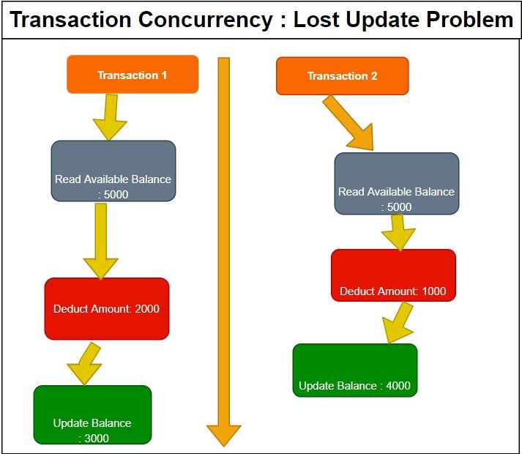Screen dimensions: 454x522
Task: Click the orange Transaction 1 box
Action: coord(133,75)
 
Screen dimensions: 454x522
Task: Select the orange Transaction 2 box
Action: coord(342,76)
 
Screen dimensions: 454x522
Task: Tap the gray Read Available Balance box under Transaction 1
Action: coord(113,171)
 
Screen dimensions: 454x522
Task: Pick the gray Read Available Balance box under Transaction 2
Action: coord(397,183)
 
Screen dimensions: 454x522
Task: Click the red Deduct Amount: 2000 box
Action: coord(107,308)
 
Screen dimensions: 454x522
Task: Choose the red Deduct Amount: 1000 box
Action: coord(393,275)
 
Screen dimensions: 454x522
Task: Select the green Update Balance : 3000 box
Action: coord(92,414)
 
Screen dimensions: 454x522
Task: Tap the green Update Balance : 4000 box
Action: coord(355,371)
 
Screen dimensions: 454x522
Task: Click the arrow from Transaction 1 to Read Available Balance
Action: coord(110,117)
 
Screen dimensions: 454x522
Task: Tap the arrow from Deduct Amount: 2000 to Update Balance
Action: coord(87,363)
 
